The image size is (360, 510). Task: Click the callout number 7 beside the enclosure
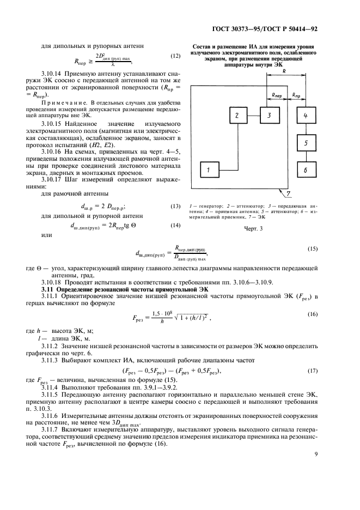(289, 194)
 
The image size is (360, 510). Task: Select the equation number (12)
(175, 56)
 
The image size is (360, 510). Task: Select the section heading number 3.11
(50, 288)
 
